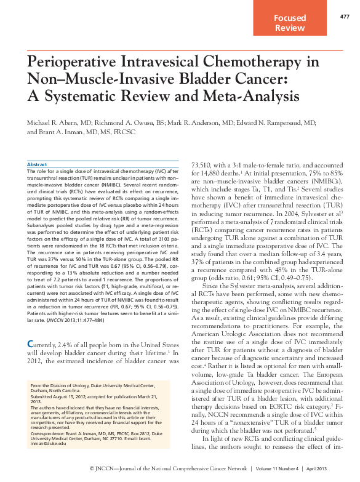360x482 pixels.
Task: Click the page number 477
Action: click(345, 16)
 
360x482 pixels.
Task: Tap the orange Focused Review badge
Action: click(290, 23)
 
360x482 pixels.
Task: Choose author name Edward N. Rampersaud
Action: click(272, 123)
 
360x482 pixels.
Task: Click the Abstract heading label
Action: click(38, 165)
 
